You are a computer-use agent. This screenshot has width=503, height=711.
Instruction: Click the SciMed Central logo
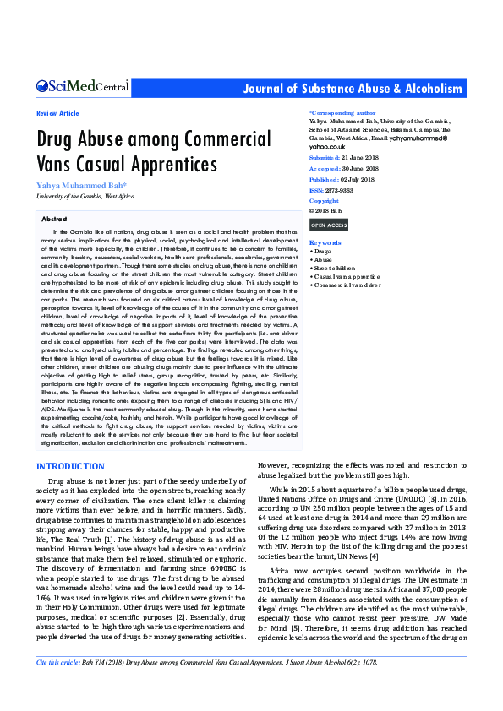tap(82, 85)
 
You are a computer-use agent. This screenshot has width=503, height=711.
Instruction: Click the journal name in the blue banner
tap(353, 89)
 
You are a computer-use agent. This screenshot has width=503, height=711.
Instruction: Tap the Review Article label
tap(57, 113)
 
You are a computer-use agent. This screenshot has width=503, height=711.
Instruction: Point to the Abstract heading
tap(54, 218)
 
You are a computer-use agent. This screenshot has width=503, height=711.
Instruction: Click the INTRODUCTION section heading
tap(70, 467)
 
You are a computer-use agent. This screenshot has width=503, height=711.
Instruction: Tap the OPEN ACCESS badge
tap(328, 225)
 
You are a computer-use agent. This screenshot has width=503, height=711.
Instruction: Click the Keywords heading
tap(325, 242)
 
